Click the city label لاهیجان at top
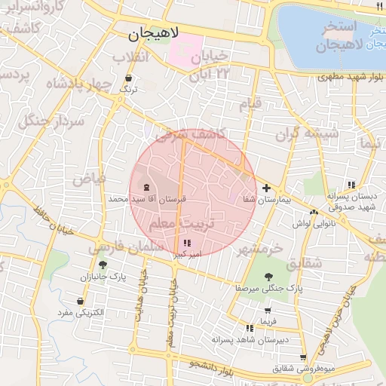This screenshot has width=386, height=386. point(155,34)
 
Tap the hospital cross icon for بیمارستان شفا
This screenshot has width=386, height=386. point(266,187)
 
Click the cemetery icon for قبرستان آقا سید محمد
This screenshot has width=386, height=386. point(146,187)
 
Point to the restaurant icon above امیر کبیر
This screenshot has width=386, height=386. point(187,243)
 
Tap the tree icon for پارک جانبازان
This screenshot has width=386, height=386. point(103,265)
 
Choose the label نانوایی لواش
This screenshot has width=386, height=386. point(308,224)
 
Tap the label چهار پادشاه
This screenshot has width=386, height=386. point(78,84)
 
